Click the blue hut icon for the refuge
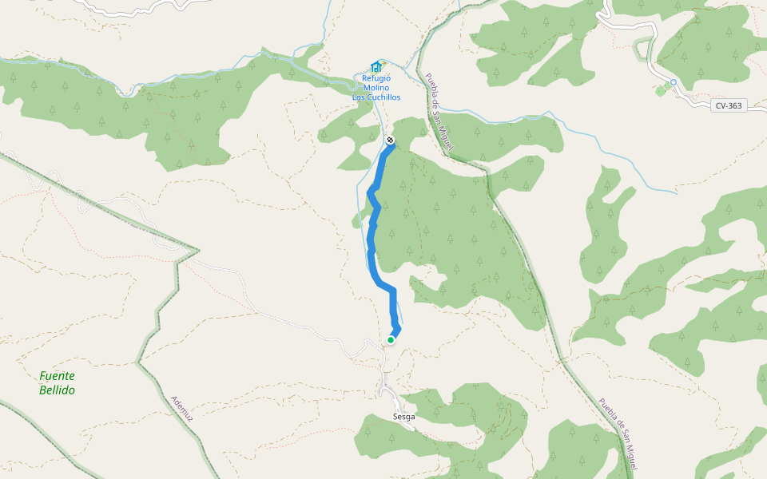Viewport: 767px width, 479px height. tap(376, 67)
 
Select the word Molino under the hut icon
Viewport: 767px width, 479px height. tap(376, 88)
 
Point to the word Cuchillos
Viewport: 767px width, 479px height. tap(383, 97)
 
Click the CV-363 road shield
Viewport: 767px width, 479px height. tap(728, 105)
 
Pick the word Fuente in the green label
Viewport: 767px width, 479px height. tap(57, 376)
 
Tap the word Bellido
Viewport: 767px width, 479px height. tap(57, 390)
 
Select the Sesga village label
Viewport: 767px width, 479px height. tap(404, 417)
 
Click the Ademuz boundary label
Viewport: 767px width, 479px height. tap(182, 409)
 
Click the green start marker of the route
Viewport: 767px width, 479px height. tap(391, 340)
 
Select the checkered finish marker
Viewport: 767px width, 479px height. tap(390, 141)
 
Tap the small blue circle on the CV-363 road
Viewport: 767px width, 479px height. tap(674, 82)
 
